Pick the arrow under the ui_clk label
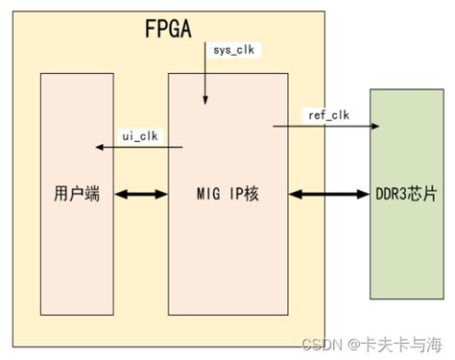tap(139, 147)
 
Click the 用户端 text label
tap(73, 195)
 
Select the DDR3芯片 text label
tap(408, 195)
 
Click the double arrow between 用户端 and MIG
tap(140, 195)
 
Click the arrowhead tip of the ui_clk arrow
tap(98, 147)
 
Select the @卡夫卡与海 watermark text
tap(396, 343)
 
